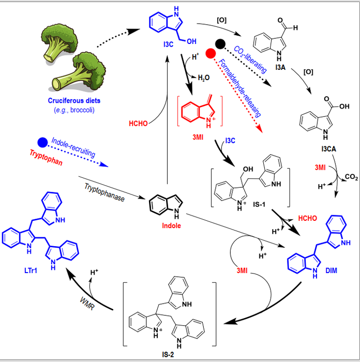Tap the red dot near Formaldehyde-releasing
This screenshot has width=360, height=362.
(x=210, y=54)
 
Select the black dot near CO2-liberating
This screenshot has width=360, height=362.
(x=220, y=44)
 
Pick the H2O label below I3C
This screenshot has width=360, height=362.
(x=203, y=77)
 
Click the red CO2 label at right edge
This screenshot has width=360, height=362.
(x=351, y=177)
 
